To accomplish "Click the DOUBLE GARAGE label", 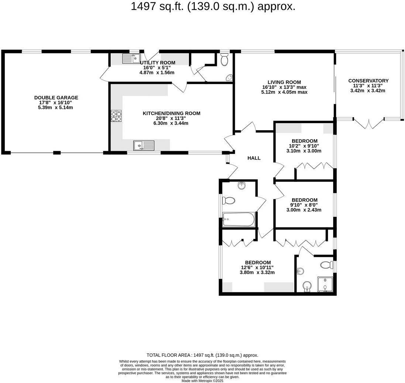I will click(x=56, y=98).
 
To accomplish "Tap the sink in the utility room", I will click(x=131, y=58).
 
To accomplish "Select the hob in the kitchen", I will click(x=116, y=116).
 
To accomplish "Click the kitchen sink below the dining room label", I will click(x=144, y=146).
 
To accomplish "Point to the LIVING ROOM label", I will click(x=284, y=82).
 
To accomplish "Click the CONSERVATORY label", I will click(x=368, y=81).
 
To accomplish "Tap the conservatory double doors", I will click(x=369, y=123).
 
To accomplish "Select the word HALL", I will click(x=254, y=158).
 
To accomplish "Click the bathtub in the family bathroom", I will click(x=239, y=220).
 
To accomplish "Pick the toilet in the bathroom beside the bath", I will click(x=229, y=201).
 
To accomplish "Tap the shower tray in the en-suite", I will click(x=325, y=285).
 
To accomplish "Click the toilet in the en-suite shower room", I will click(x=327, y=265).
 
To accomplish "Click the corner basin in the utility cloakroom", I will click(x=229, y=77).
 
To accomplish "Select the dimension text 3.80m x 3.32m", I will click(x=257, y=273).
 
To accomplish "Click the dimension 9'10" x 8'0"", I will click(x=304, y=205).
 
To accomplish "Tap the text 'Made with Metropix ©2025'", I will click(x=202, y=381).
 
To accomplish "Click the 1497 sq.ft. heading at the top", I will click(x=213, y=7).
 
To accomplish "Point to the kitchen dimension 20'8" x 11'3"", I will click(x=171, y=118).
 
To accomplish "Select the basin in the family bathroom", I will click(x=242, y=185).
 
